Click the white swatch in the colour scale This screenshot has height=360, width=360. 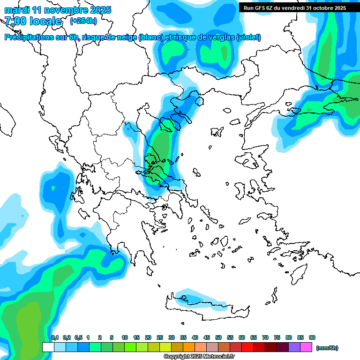click(48, 347)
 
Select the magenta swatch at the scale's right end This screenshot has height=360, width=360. click(306, 347)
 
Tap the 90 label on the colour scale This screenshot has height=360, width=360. click(312, 338)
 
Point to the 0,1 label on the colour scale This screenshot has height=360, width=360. click(54, 338)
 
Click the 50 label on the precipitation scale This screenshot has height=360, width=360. click(218, 338)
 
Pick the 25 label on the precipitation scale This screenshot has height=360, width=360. click(160, 338)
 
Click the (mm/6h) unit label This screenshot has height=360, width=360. click(327, 348)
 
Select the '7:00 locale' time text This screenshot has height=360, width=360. click(33, 21)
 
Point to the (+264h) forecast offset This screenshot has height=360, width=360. click(83, 21)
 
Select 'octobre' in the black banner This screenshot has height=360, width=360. click(320, 8)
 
